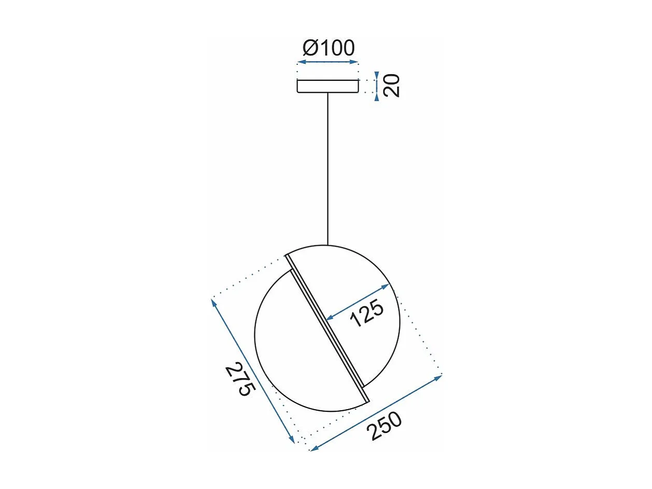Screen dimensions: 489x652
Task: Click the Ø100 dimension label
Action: [x=329, y=48]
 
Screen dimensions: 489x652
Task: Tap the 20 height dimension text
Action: [x=392, y=86]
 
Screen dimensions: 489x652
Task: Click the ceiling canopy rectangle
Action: [x=328, y=86]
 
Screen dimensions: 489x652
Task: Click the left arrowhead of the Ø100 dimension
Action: [x=300, y=62]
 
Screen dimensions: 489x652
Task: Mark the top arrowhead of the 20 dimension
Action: [x=377, y=75]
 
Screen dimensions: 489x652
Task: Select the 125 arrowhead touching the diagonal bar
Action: [x=329, y=317]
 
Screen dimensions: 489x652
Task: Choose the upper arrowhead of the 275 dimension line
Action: [x=214, y=302]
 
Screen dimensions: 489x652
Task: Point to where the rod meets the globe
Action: [x=328, y=245]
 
